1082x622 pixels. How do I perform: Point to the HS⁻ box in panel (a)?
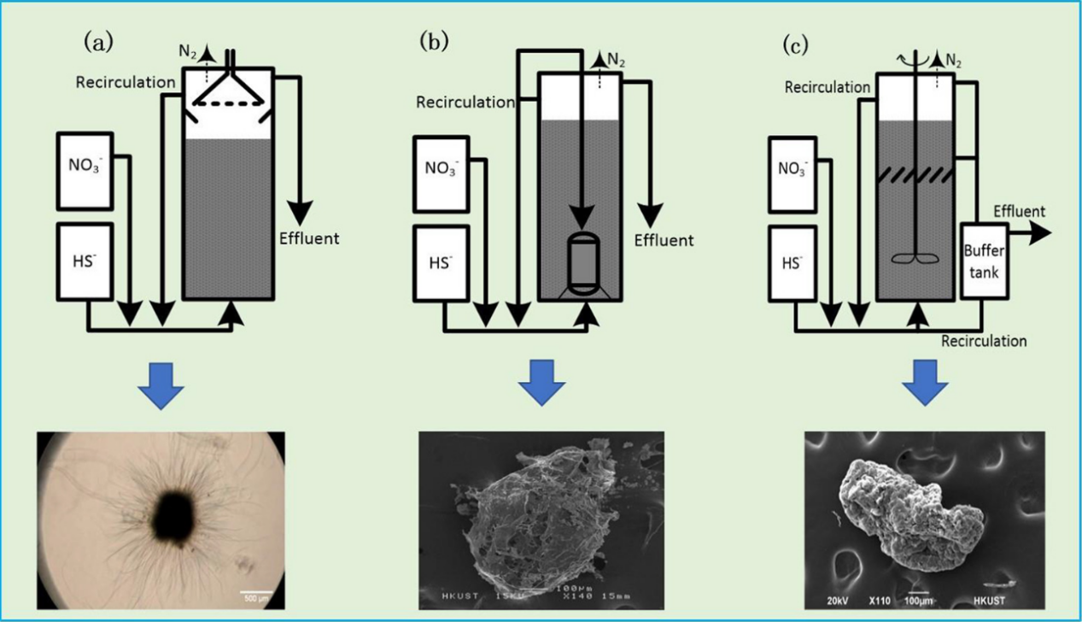click(x=85, y=261)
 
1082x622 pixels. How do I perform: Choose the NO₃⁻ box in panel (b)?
click(x=440, y=173)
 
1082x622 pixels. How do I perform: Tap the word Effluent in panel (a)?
click(x=309, y=238)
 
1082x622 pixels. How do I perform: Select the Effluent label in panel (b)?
click(x=664, y=240)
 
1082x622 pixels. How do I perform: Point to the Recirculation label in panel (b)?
click(x=465, y=103)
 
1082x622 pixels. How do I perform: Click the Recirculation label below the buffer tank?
click(x=984, y=341)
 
